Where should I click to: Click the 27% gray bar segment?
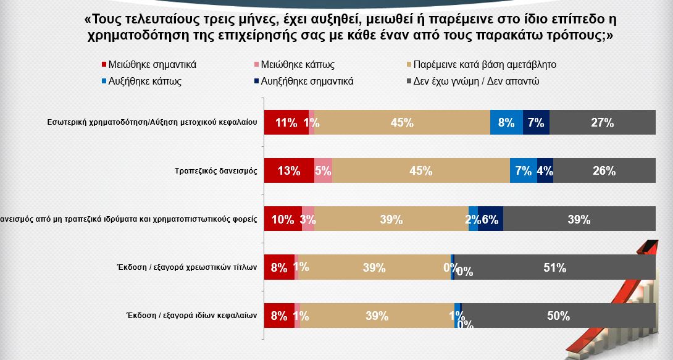coord(602,122)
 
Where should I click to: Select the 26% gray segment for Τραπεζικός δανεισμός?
coord(604,171)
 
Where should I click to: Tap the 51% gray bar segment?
coord(554,267)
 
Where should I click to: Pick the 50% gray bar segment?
coord(558,316)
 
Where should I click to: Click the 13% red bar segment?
coord(289,171)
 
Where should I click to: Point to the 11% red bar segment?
coord(286,122)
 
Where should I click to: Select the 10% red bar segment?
coord(283,219)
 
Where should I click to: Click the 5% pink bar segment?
coord(323,171)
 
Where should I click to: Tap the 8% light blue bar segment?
coord(506,122)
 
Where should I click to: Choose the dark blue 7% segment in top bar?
coord(536,122)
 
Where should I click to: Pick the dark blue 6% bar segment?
coord(491,219)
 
